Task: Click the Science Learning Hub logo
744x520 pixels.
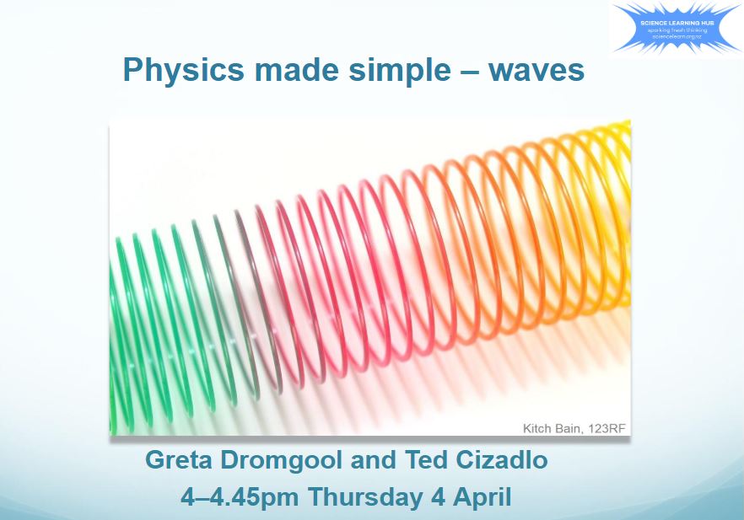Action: click(677, 27)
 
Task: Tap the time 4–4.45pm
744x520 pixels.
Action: click(241, 496)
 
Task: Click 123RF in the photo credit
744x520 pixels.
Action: click(608, 428)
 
